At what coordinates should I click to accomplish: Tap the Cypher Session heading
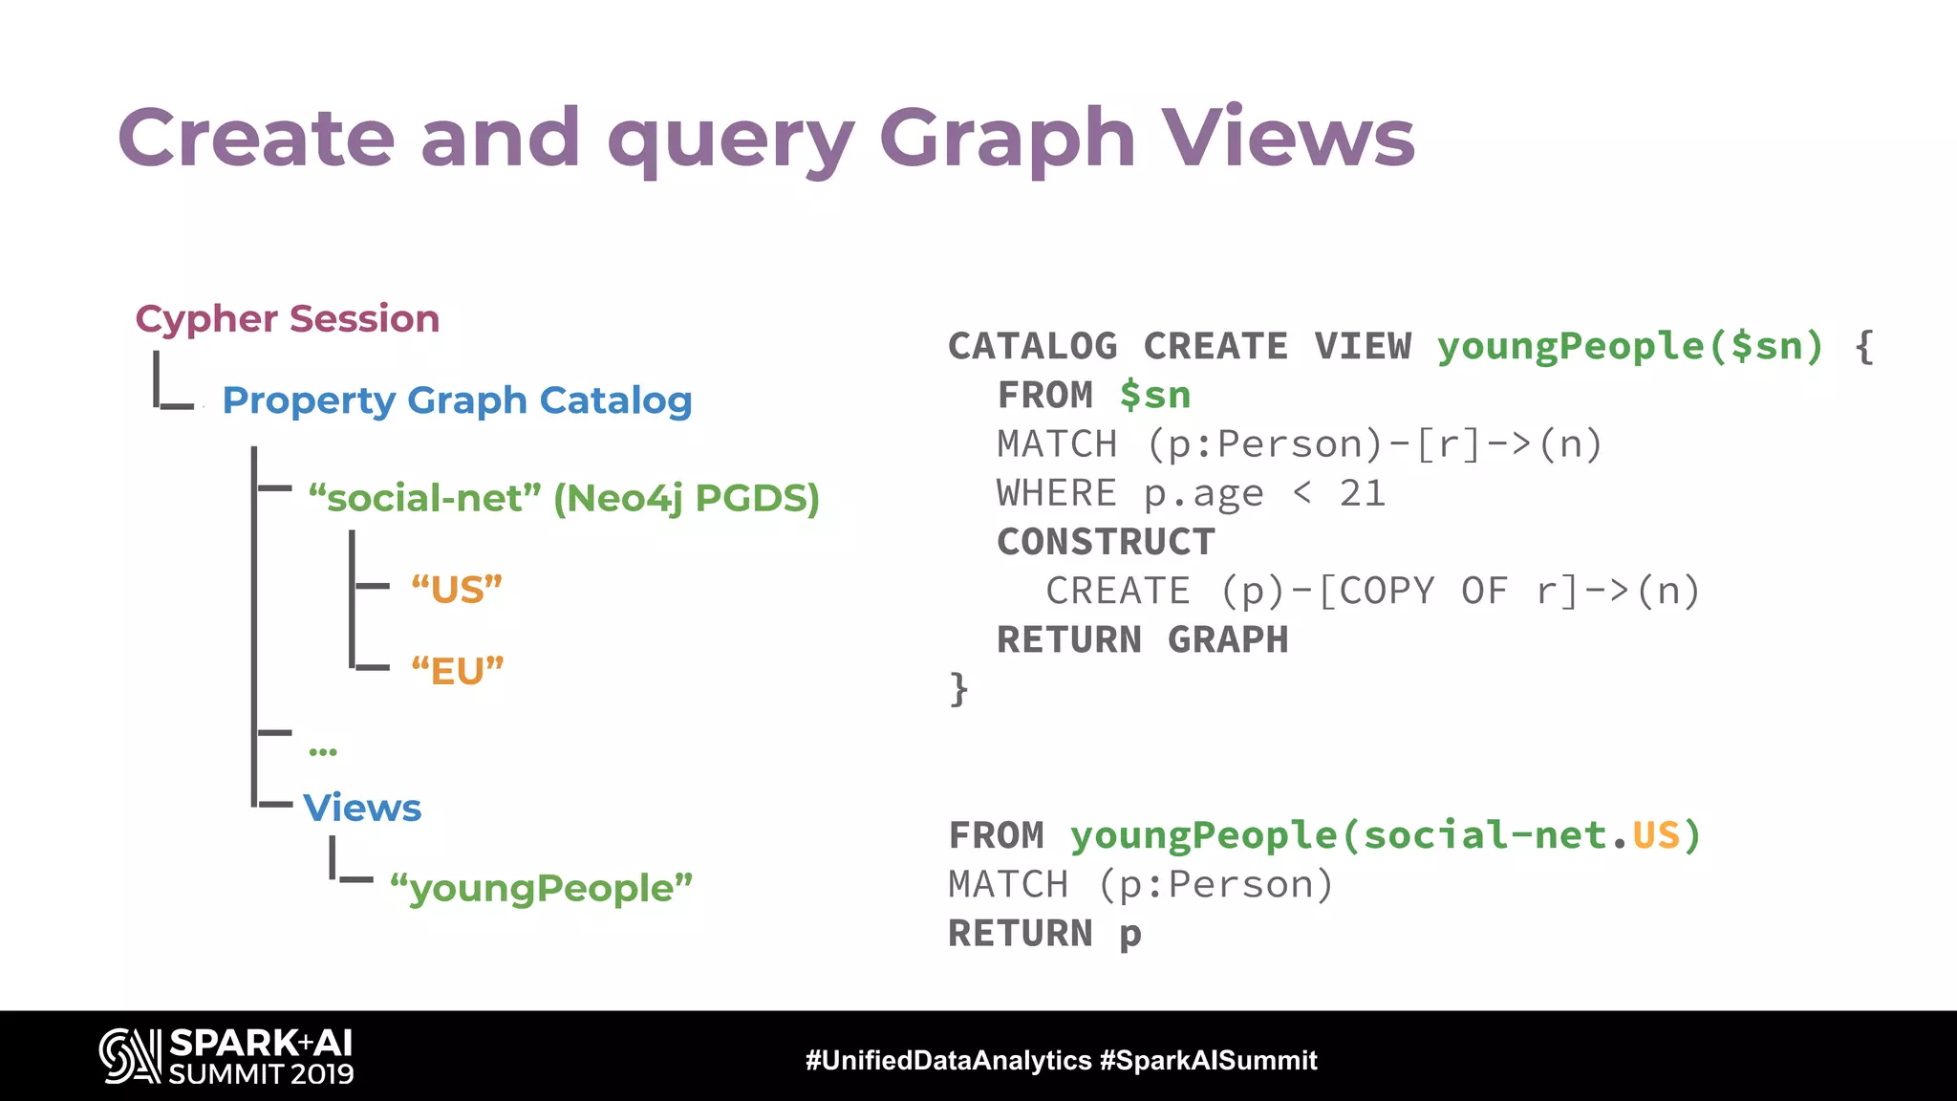288,319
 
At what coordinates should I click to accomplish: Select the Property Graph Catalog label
457,400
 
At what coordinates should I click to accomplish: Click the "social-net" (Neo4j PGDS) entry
564,498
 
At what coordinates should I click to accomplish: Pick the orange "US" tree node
457,589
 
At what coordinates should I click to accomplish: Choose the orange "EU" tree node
457,671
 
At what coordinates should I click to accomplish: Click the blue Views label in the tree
362,809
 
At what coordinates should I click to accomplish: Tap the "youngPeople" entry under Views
541,888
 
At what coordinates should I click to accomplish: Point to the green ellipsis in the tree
323,751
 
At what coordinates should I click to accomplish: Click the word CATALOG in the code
1032,347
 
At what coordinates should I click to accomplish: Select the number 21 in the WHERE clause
1362,494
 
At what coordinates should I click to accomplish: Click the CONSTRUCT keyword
1106,543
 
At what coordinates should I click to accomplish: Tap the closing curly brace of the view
958,689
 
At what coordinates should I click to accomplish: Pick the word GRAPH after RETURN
1228,640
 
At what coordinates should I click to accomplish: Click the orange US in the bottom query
1656,836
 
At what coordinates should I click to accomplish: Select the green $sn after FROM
1155,396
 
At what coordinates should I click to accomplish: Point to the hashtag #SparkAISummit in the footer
1208,1060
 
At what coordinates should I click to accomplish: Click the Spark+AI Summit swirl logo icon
130,1056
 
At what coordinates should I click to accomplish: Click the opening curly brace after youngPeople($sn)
1863,347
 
